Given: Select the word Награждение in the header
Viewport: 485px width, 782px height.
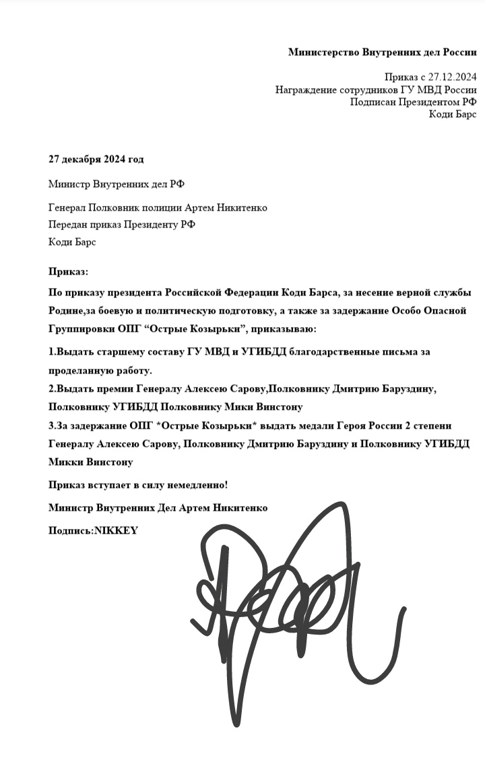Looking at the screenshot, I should click(x=306, y=90).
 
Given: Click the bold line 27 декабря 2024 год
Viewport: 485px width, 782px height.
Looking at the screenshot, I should click(x=96, y=159).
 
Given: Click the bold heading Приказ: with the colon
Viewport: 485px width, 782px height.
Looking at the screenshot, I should click(x=68, y=271).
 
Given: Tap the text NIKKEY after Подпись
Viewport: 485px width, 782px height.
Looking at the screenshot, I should click(x=115, y=530).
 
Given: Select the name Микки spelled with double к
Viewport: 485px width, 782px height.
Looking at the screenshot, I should click(x=64, y=462).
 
